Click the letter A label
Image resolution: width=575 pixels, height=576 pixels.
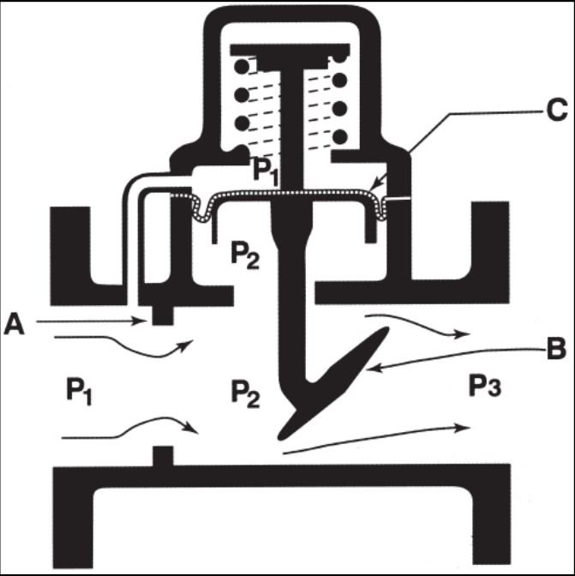point(14,324)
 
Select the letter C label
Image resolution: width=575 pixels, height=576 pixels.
point(557,110)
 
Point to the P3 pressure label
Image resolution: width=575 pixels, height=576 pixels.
point(485,386)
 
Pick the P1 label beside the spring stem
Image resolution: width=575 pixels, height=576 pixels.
point(266,172)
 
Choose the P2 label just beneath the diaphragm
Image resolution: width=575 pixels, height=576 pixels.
point(245,256)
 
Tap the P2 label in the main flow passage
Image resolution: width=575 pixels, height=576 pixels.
point(245,394)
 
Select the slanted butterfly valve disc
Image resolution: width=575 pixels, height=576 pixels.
point(332,384)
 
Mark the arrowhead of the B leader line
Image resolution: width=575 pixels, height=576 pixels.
point(371,369)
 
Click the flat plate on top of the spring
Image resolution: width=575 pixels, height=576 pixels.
point(290,51)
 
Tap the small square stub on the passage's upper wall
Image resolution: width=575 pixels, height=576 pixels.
point(163,315)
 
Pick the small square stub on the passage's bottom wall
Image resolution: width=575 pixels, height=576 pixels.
point(163,456)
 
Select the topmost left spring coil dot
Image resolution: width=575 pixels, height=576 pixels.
point(242,67)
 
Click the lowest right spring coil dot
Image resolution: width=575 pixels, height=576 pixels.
point(340,137)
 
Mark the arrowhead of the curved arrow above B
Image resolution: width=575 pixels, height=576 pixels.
point(464,334)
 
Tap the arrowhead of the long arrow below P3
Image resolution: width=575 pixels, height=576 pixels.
point(464,428)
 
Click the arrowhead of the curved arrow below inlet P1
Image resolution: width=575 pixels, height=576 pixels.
point(193,428)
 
